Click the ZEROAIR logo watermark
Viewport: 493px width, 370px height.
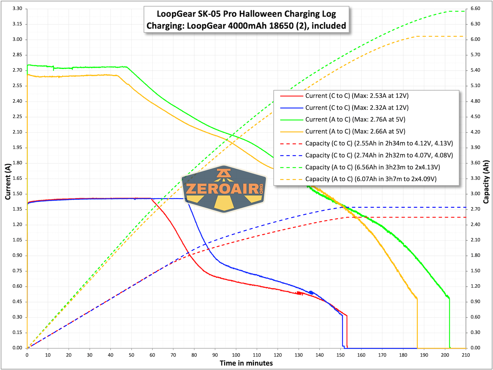[224, 189]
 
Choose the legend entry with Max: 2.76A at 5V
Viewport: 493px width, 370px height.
[355, 120]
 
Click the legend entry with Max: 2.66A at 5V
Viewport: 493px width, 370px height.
[355, 132]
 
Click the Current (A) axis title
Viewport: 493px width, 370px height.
[8, 182]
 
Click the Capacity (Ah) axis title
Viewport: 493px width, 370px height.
[486, 182]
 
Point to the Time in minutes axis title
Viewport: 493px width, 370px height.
[246, 363]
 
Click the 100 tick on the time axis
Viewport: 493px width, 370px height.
[236, 355]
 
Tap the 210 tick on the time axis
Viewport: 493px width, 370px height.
[466, 355]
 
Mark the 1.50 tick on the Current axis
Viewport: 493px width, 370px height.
[18, 194]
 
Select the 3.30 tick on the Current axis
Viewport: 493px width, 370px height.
[18, 8]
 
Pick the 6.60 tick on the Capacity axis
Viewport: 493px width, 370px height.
[475, 8]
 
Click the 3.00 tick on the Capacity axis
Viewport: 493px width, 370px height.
[475, 194]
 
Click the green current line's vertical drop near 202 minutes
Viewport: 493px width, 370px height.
[449, 323]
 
